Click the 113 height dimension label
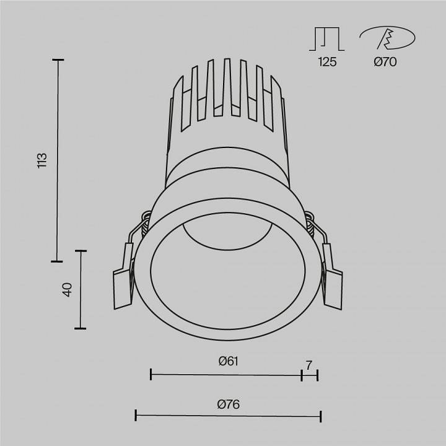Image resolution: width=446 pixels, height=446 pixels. [x=42, y=160]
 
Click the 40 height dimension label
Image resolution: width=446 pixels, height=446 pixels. [x=68, y=289]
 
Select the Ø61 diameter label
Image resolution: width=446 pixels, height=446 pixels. [x=228, y=361]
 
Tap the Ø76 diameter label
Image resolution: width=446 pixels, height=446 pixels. [x=228, y=404]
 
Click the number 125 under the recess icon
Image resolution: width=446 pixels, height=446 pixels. [x=327, y=62]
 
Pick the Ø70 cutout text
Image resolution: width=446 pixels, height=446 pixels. [x=385, y=62]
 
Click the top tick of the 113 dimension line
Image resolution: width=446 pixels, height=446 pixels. [x=58, y=60]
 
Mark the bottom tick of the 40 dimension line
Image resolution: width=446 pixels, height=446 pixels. [x=80, y=328]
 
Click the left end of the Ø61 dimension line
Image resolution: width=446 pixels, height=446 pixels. [x=151, y=374]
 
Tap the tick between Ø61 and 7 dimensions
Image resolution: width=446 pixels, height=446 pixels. [x=302, y=374]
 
